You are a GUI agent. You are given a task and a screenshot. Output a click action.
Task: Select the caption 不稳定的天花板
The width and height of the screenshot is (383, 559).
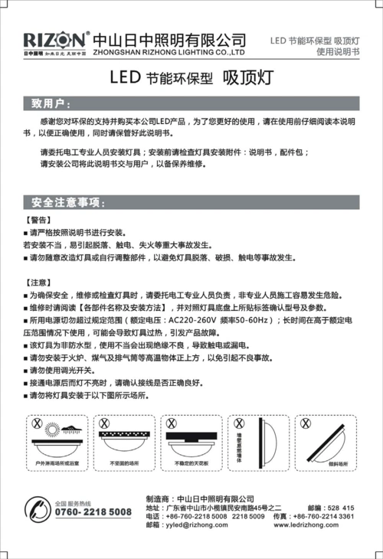(191, 463)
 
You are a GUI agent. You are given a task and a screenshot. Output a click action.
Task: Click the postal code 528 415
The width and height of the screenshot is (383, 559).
(341, 508)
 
